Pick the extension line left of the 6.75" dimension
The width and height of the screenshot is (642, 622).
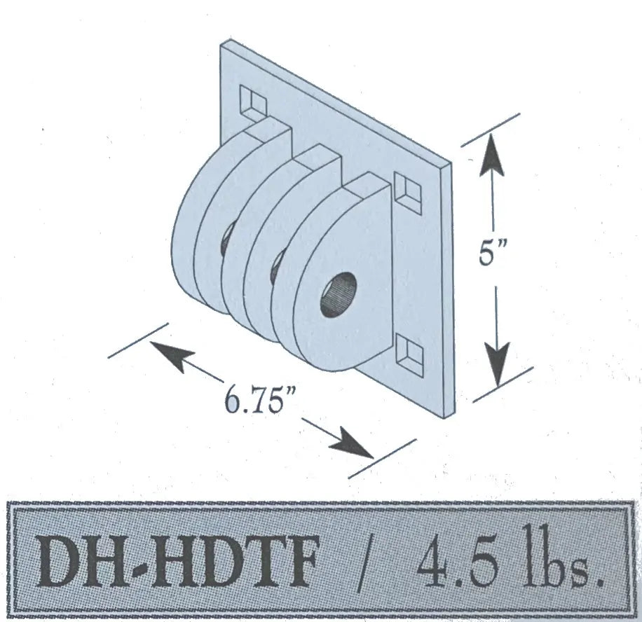click(x=138, y=340)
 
